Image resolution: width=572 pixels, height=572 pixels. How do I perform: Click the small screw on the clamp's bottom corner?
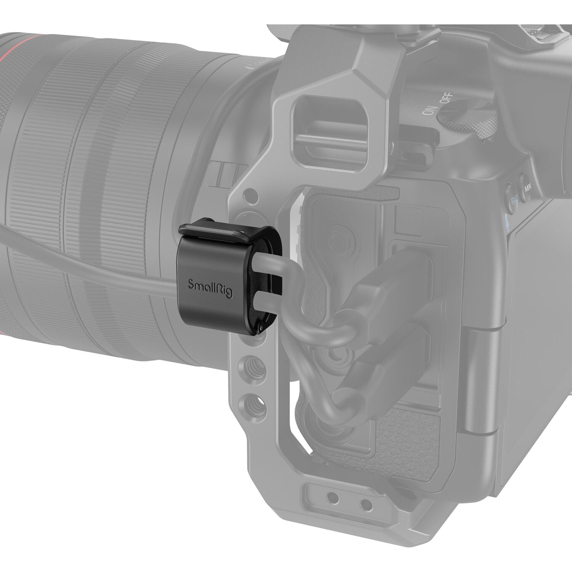(x=260, y=329)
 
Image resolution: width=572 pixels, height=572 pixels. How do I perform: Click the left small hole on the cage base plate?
(x=333, y=497)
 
